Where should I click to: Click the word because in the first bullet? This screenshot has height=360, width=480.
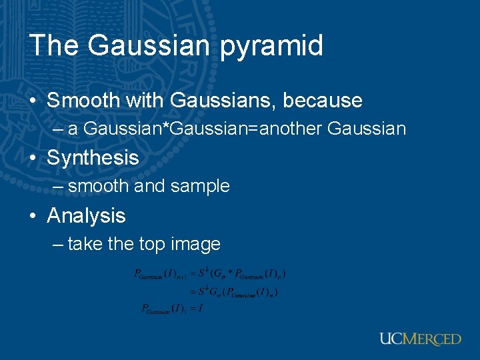[323, 101]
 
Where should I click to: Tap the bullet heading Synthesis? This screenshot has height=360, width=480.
[93, 158]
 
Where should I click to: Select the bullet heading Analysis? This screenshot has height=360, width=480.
[86, 216]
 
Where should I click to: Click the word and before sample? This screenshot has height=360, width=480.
[150, 187]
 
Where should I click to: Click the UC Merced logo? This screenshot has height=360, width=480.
[420, 339]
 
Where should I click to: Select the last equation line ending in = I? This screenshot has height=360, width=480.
[171, 309]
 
